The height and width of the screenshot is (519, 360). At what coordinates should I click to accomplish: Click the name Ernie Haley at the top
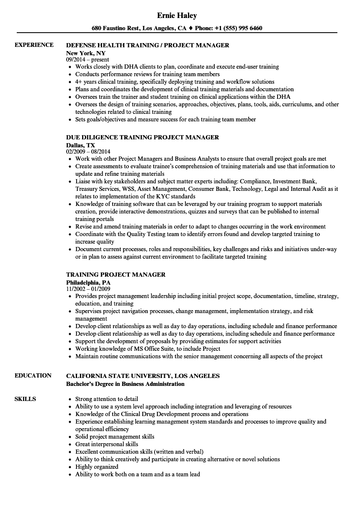coord(177,15)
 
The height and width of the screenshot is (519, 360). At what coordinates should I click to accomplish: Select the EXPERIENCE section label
coord(34,45)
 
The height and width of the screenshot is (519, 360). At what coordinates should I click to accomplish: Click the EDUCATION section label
coord(33,375)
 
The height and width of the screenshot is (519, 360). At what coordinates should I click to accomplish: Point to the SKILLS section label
coord(25,399)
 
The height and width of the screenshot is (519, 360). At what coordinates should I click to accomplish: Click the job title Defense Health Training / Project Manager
coord(148,45)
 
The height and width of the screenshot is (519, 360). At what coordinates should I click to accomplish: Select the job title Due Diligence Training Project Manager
coord(142,137)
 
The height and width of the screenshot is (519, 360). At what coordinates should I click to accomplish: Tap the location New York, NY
coord(86,53)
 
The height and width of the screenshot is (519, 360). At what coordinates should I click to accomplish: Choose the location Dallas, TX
coord(80,145)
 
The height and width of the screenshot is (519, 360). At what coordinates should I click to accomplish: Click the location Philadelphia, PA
coord(88,283)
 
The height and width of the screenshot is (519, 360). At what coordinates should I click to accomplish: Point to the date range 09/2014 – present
coord(87,60)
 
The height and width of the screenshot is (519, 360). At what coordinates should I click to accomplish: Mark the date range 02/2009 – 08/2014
coord(88,152)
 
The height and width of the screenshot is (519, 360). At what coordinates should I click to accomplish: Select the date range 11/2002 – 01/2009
coord(88,289)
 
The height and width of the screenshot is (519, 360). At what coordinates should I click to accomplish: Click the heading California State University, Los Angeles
coord(143,376)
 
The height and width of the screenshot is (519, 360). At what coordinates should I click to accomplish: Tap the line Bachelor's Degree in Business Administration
coord(125,384)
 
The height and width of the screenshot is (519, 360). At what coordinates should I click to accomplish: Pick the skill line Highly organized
coord(97,467)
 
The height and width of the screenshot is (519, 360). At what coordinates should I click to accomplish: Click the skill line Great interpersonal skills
coord(107,444)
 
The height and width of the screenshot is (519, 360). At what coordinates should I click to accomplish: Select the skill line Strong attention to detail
coord(107,399)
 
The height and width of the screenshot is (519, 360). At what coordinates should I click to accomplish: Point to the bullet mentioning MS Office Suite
coord(148,349)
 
